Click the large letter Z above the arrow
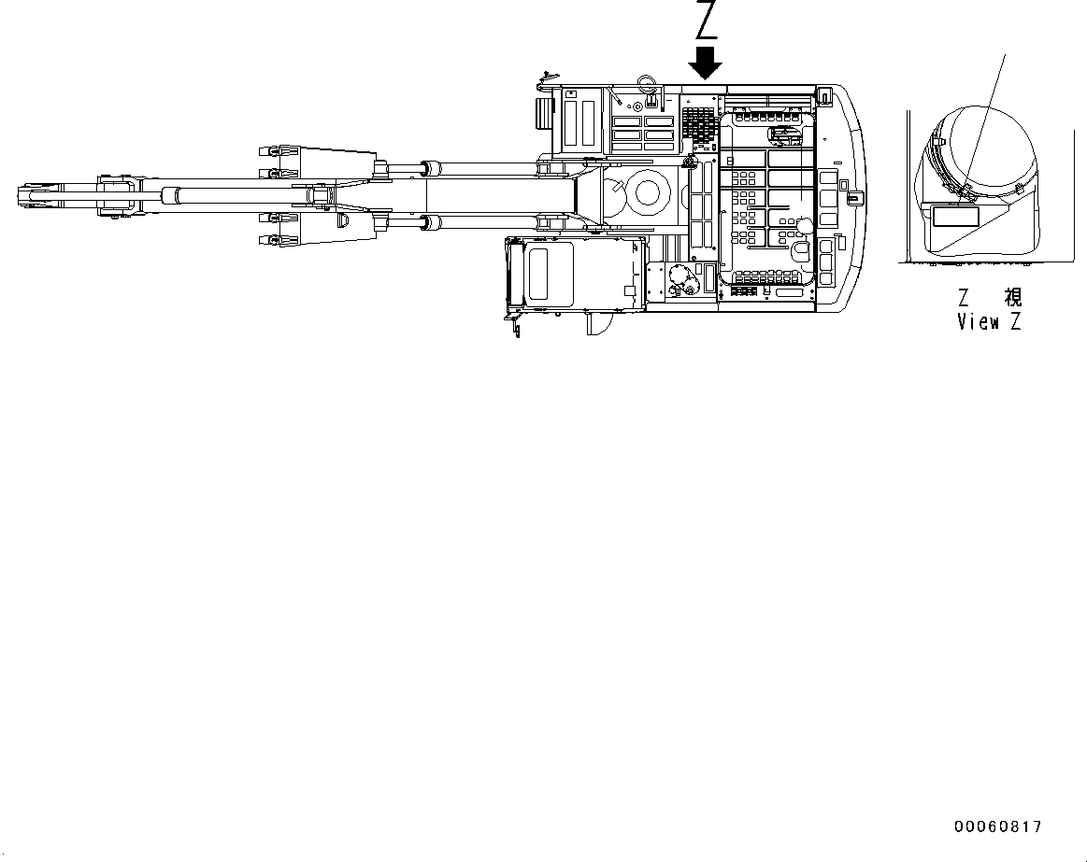click(x=706, y=21)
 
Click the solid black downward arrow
click(x=706, y=63)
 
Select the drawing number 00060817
click(x=997, y=827)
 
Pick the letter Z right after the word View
click(x=1017, y=322)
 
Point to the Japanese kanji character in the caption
click(x=1013, y=297)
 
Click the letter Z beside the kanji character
click(x=964, y=297)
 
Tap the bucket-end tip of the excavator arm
click(x=22, y=195)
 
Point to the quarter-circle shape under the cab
click(x=597, y=323)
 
